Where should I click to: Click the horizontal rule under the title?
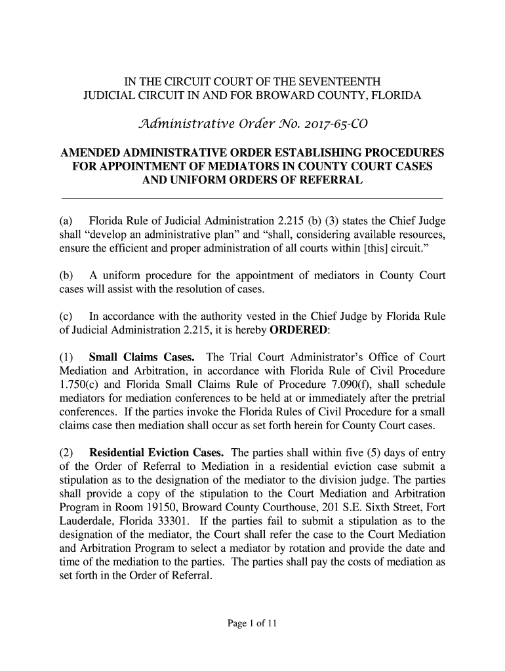253,197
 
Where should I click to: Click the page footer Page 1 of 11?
253,624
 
